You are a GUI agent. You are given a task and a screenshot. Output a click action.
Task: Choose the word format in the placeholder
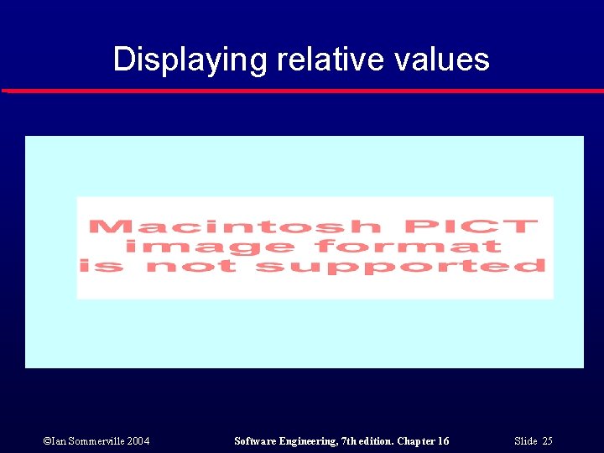[x=409, y=247]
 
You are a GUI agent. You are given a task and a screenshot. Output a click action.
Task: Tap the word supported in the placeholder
[x=400, y=268]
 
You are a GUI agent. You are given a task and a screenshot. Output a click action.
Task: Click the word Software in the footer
[x=257, y=441]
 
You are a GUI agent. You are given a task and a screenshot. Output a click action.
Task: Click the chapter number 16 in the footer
[x=442, y=441]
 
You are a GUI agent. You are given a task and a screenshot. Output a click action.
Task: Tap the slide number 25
[x=547, y=441]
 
